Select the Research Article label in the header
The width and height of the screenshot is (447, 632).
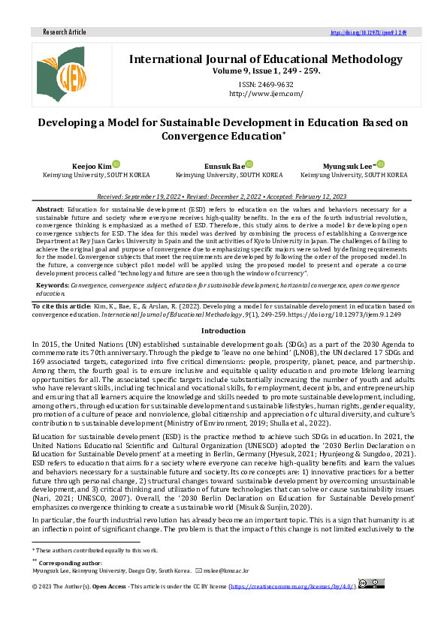pos(65,32)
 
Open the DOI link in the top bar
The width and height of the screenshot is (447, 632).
pos(368,33)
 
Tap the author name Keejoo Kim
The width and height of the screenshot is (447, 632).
pos(92,165)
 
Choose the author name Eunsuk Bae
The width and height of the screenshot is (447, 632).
pos(223,165)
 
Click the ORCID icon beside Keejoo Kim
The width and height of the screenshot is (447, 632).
pos(116,164)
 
